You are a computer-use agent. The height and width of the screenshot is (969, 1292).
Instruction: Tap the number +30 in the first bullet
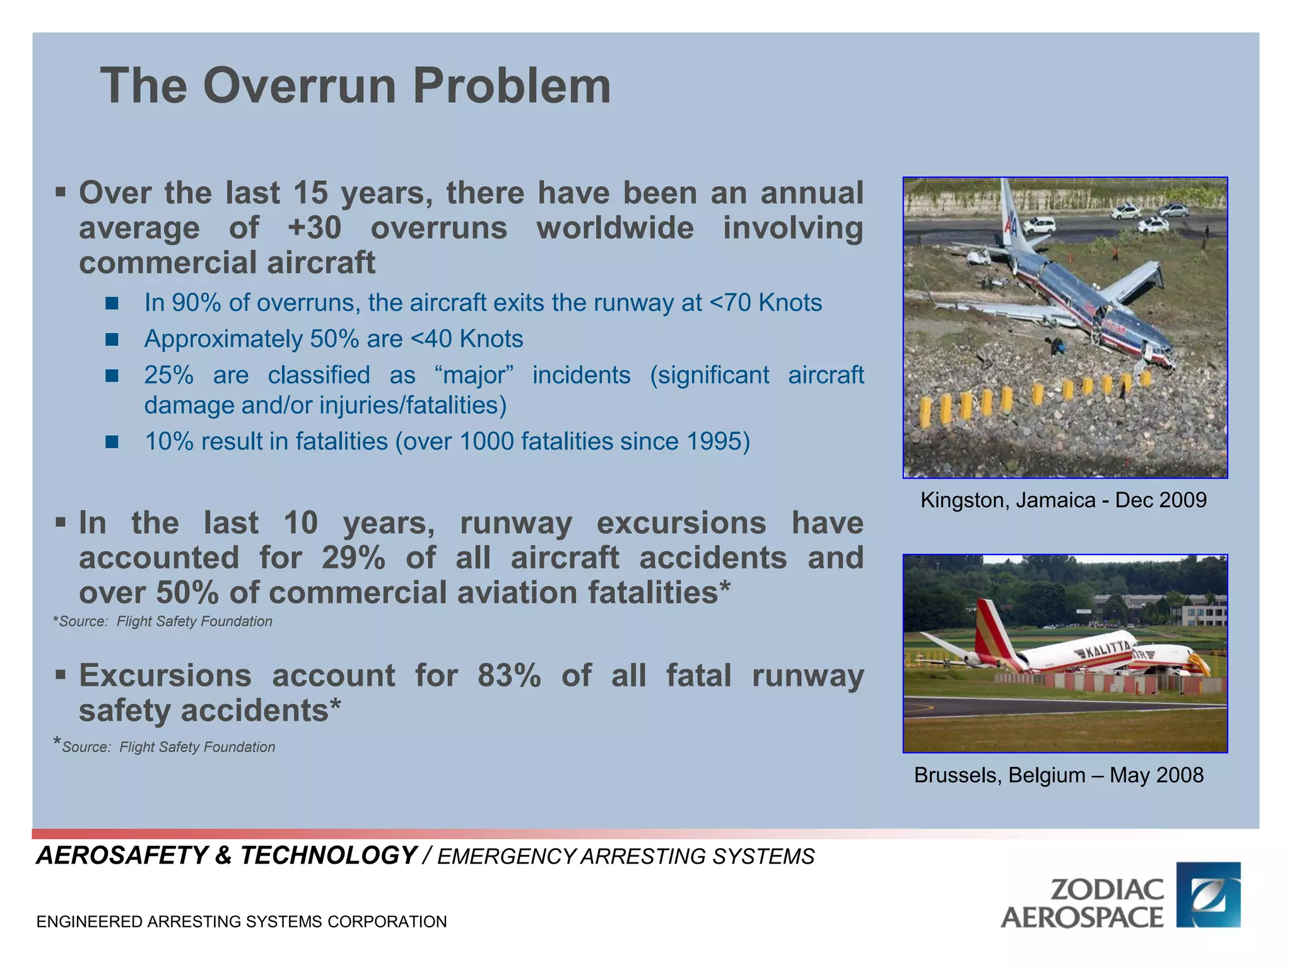pos(314,228)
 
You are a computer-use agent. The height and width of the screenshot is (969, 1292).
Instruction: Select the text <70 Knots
pos(765,303)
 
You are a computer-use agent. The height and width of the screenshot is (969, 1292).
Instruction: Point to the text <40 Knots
pos(466,339)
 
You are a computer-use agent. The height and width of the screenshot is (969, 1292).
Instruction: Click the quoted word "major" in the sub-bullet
pos(474,375)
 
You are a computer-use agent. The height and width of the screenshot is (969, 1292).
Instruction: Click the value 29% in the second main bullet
pos(353,558)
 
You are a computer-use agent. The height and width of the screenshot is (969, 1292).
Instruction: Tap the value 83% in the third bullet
pos(509,676)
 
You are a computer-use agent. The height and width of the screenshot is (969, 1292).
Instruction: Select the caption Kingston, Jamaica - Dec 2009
pos(1064,500)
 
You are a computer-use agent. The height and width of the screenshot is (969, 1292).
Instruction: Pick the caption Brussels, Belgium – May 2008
pos(1059,775)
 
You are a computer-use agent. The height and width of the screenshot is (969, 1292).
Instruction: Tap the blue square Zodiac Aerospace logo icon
pos(1208,895)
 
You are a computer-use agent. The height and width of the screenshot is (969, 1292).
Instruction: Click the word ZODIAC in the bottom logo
pos(1107,890)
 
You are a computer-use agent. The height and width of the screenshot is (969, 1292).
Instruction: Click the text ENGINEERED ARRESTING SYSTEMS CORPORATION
pos(242,922)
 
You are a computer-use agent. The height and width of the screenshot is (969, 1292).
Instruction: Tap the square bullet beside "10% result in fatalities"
pos(112,442)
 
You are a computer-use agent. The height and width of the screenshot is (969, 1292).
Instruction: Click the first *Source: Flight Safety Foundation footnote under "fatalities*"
pos(163,622)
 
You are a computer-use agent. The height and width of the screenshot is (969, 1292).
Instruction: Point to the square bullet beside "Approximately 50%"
pos(112,340)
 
